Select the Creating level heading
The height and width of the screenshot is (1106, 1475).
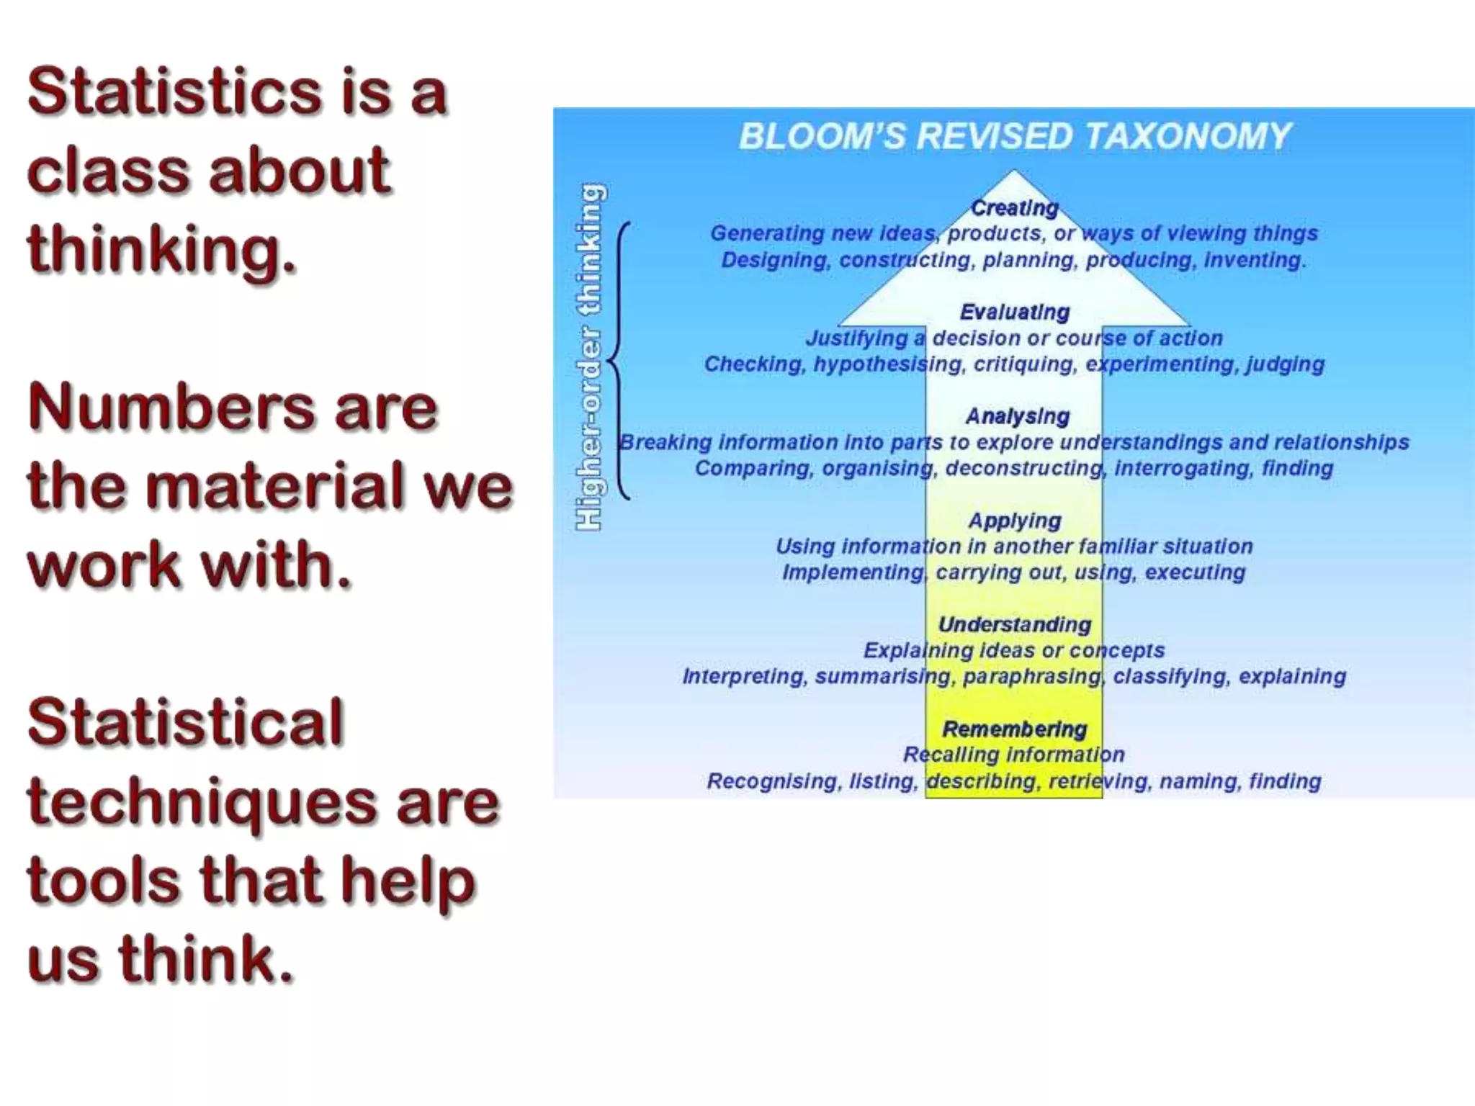pos(1014,208)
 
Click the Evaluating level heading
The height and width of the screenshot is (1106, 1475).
pos(1014,312)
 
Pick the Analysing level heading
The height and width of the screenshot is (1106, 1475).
pos(1017,416)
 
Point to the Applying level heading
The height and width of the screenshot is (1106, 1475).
pos(1014,520)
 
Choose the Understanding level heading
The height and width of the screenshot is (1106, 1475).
pos(1014,624)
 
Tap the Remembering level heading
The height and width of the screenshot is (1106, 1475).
pos(1014,729)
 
